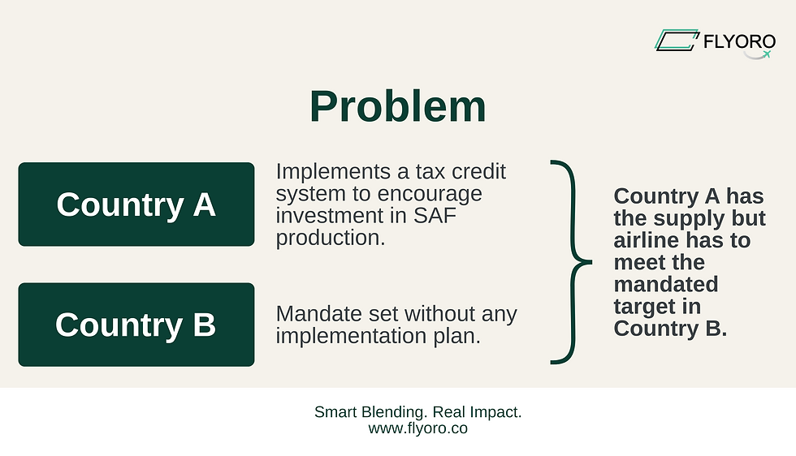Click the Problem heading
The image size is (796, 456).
tap(398, 106)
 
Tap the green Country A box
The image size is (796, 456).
tap(136, 204)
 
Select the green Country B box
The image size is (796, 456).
tap(136, 325)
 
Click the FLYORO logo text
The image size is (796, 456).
tap(739, 41)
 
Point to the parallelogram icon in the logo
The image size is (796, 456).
tap(677, 40)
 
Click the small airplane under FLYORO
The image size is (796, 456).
tap(767, 54)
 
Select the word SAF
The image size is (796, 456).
tap(435, 216)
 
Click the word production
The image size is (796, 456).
tap(331, 238)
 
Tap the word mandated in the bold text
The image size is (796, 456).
tap(666, 284)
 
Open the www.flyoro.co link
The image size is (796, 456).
tap(417, 428)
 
